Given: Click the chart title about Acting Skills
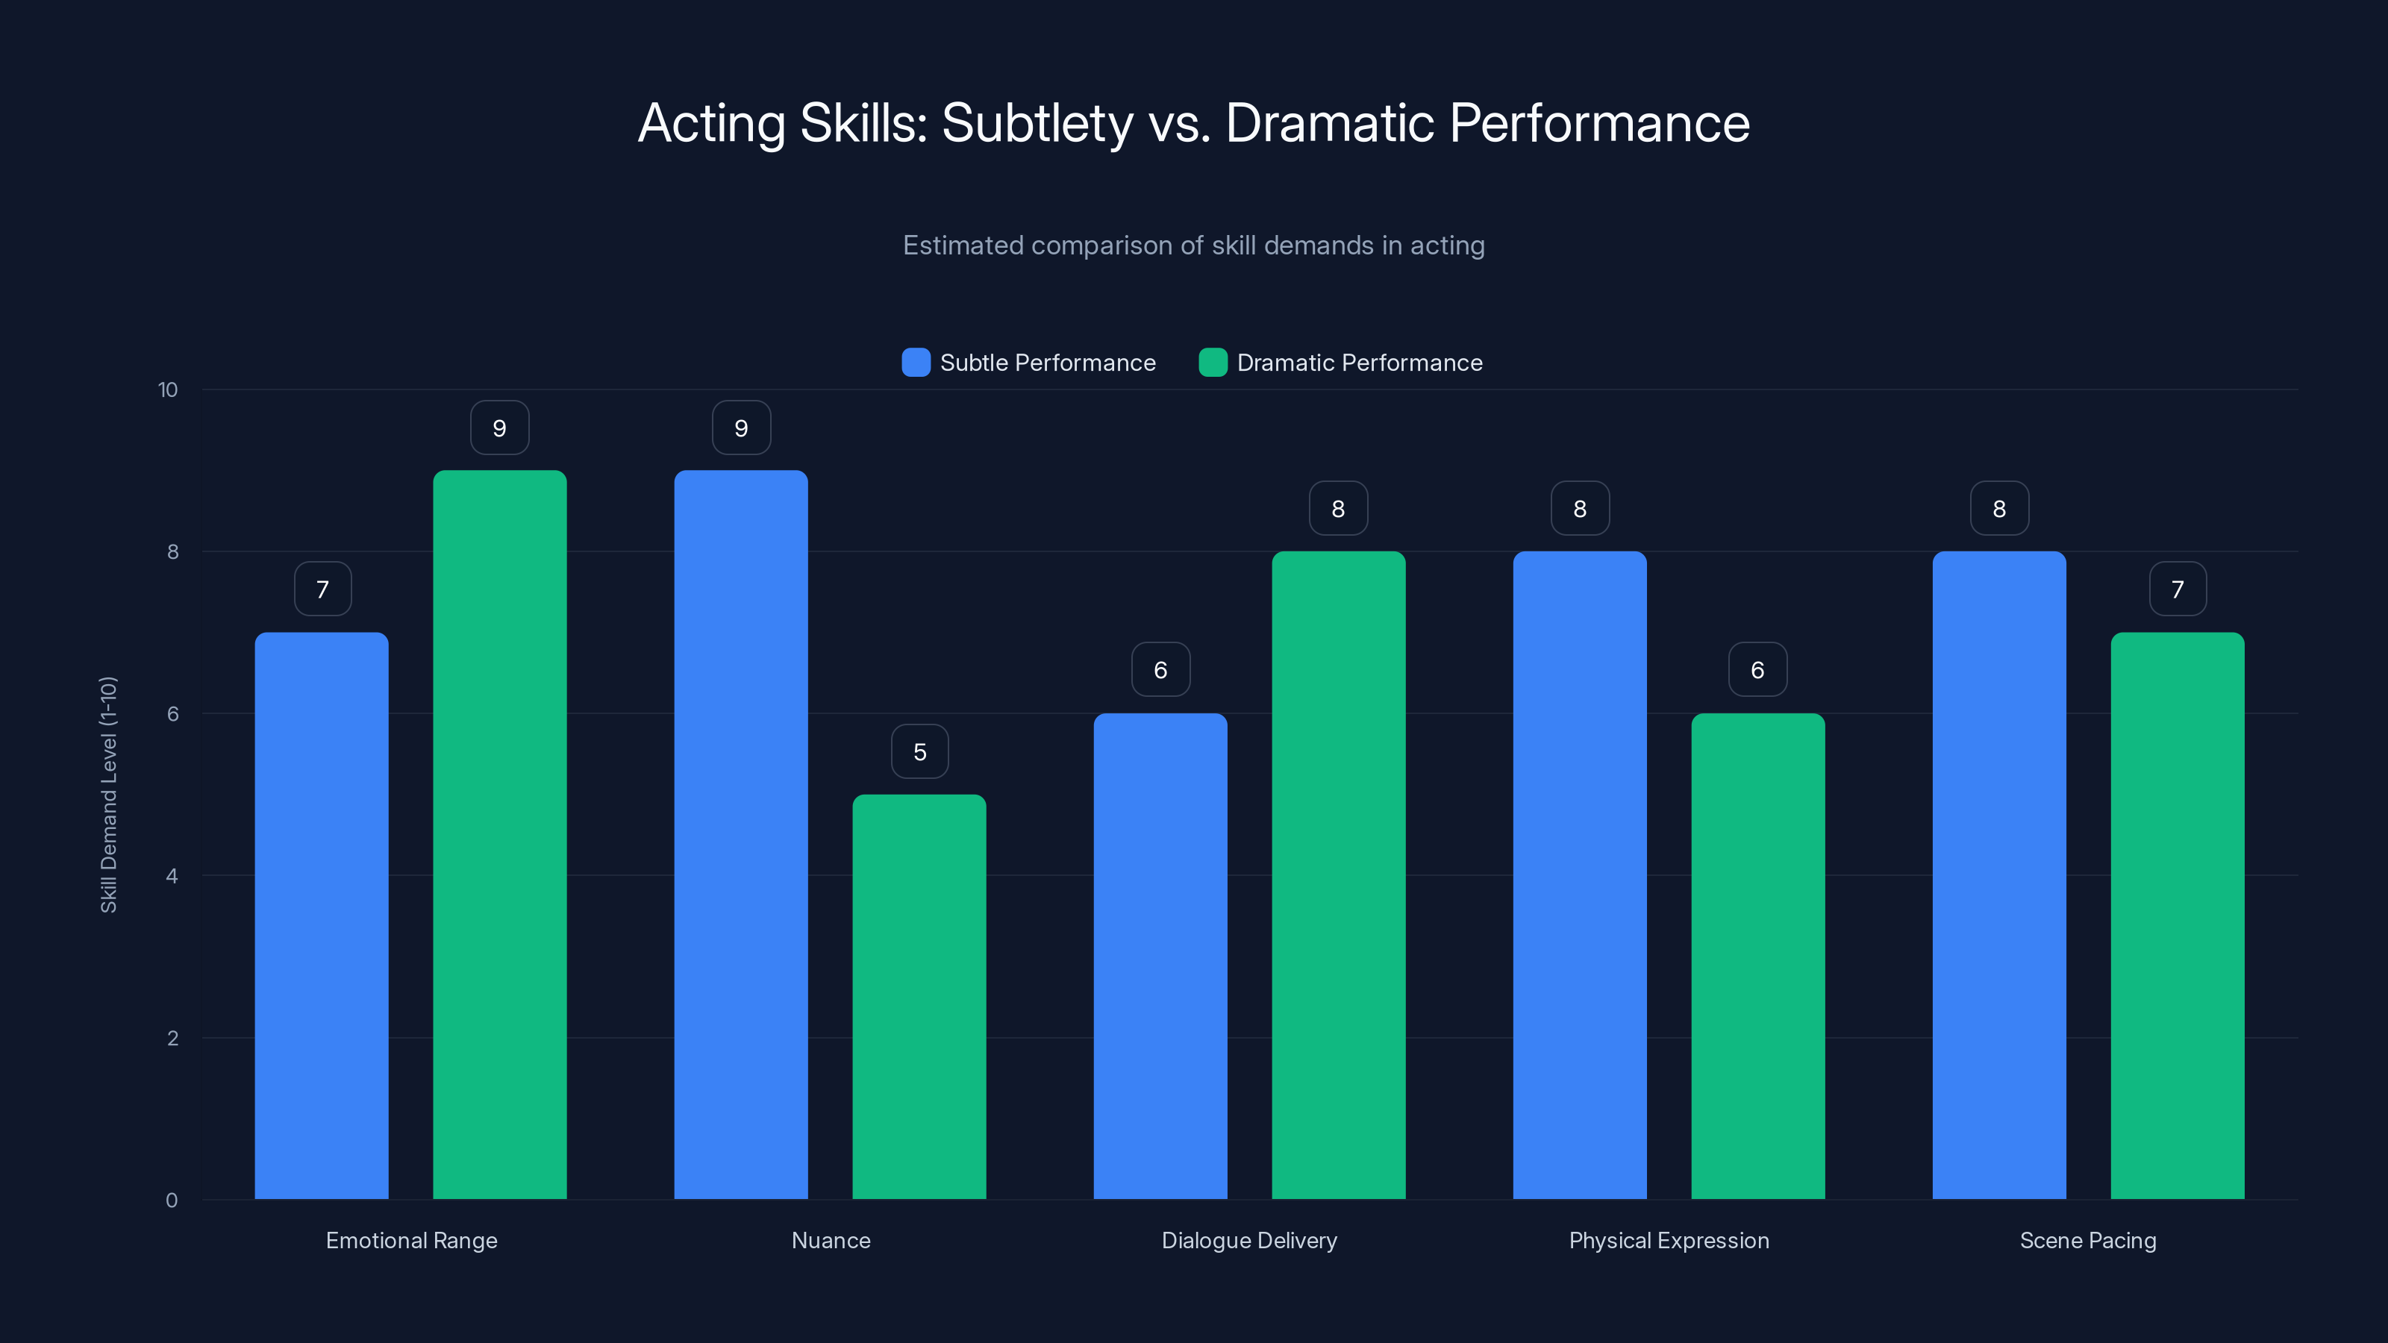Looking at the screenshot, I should (1193, 123).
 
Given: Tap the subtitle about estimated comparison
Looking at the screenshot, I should (1193, 245).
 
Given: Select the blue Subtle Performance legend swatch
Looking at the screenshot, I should (916, 363).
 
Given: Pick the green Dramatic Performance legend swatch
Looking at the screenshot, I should (1213, 363).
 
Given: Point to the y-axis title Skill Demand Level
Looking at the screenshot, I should (108, 795).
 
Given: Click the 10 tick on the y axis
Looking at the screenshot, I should (168, 390).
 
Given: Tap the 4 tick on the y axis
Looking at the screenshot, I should (172, 876).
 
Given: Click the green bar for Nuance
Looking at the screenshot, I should (919, 996).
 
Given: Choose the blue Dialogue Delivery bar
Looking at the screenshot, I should (1160, 956).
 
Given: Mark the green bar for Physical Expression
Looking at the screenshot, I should (1757, 956).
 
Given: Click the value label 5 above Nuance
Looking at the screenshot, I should (919, 751).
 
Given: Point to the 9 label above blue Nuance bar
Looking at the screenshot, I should (741, 428).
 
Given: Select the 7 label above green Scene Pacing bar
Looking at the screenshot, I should (2178, 589).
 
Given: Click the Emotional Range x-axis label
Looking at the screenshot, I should (412, 1240).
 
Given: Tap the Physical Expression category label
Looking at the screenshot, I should (1669, 1240).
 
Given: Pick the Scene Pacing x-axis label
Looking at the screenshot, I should (2088, 1240).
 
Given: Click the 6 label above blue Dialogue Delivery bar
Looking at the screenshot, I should (1160, 670).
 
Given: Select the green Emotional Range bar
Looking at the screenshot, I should (500, 834).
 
